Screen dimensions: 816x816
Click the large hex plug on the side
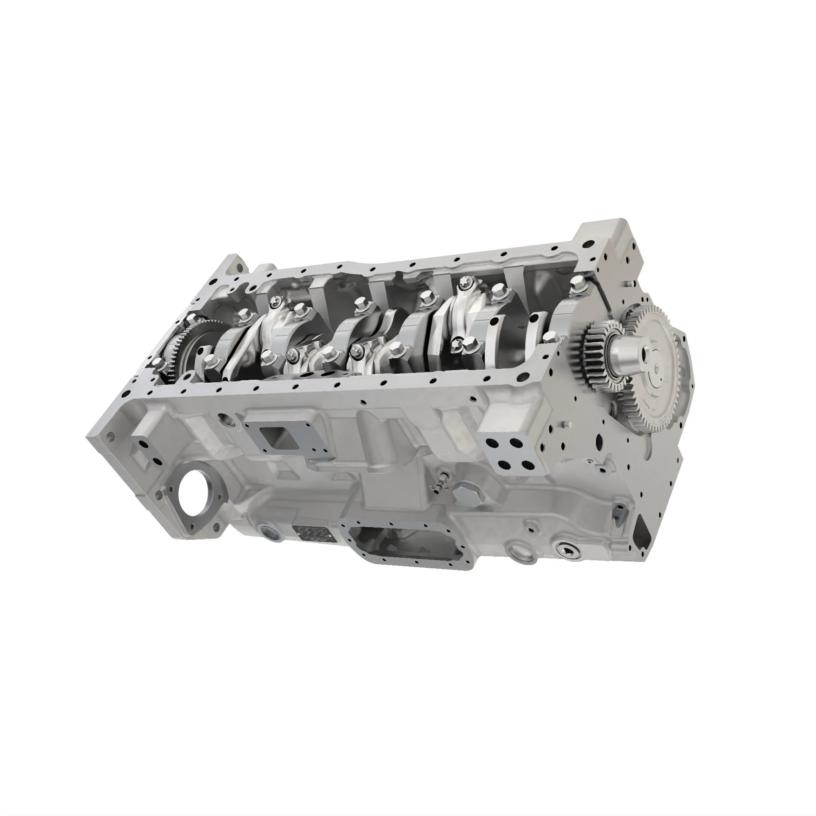coord(469,493)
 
